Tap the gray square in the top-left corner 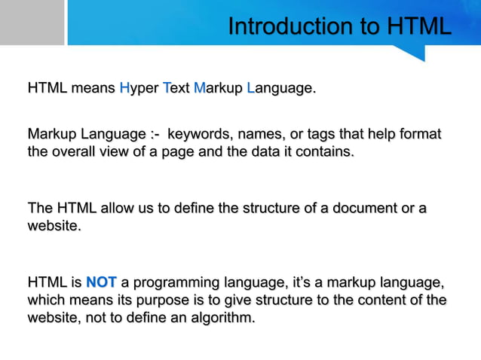32,23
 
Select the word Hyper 139,89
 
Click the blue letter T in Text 166,89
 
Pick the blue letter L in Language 250,89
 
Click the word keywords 199,135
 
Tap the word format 419,135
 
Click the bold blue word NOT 101,283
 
